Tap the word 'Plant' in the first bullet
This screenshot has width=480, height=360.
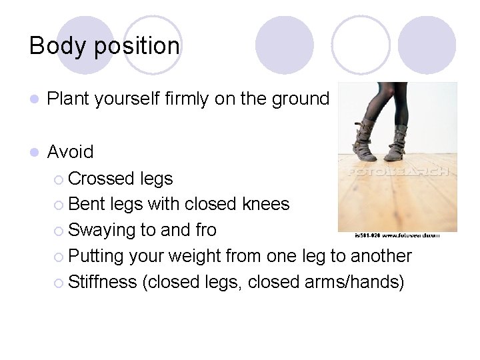tap(69, 99)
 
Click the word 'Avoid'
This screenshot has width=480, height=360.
tap(71, 152)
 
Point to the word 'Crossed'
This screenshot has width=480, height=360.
tap(102, 179)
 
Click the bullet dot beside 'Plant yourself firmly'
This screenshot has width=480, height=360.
tap(35, 100)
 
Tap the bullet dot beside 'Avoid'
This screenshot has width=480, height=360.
tap(35, 153)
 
